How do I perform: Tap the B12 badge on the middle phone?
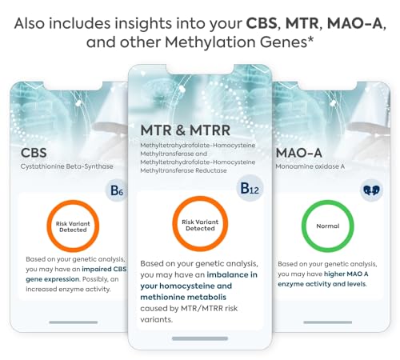(250, 190)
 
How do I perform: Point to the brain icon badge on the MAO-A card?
(370, 190)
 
